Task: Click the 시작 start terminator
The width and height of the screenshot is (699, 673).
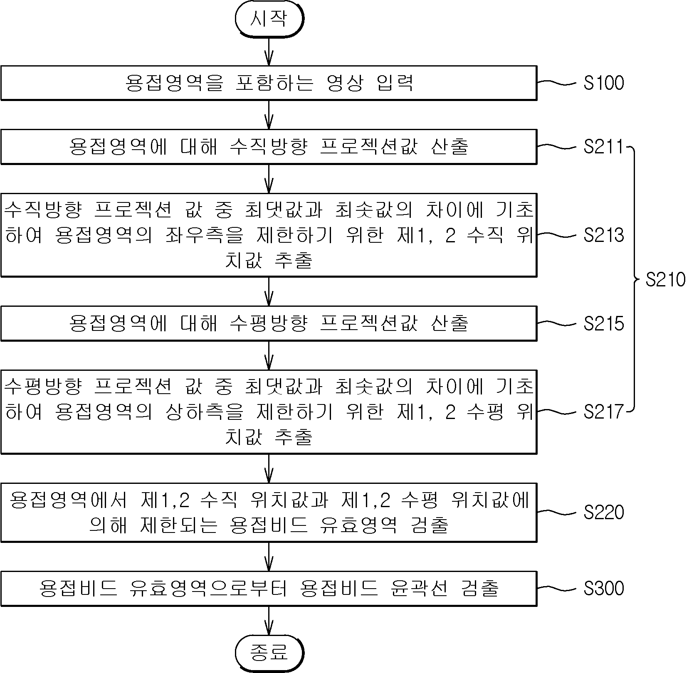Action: (x=269, y=19)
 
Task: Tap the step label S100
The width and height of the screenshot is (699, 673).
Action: (x=604, y=83)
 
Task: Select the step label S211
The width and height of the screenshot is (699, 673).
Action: (x=604, y=147)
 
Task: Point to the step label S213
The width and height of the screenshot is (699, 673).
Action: (x=604, y=235)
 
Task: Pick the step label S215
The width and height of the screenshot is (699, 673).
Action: (x=604, y=323)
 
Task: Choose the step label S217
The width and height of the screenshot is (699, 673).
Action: (x=604, y=412)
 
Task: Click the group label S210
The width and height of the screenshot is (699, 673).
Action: (x=665, y=279)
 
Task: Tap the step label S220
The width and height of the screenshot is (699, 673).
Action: (x=604, y=512)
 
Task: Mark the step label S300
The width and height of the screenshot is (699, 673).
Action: (x=604, y=588)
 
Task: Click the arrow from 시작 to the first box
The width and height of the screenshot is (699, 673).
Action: (x=269, y=51)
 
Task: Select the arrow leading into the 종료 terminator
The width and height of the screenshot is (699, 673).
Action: (x=269, y=621)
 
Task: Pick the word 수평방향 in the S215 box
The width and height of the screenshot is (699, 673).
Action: (x=269, y=323)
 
